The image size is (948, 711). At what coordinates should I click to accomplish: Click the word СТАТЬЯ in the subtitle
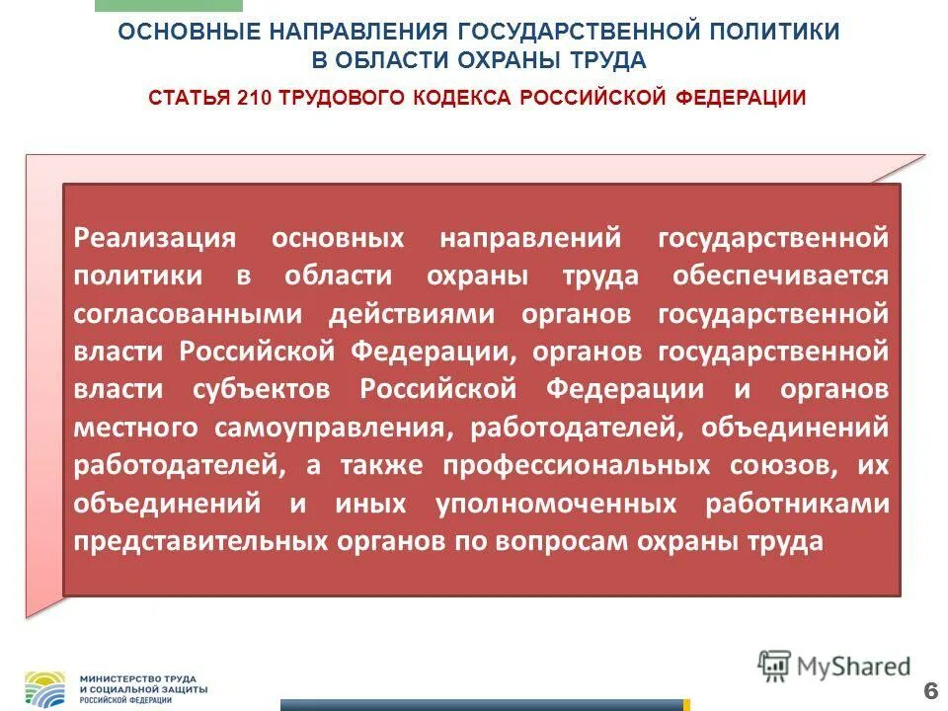tap(190, 98)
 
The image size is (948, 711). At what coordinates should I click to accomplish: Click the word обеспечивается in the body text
tap(780, 276)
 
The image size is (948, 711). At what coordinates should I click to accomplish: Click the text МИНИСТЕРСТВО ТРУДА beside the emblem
tap(138, 679)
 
